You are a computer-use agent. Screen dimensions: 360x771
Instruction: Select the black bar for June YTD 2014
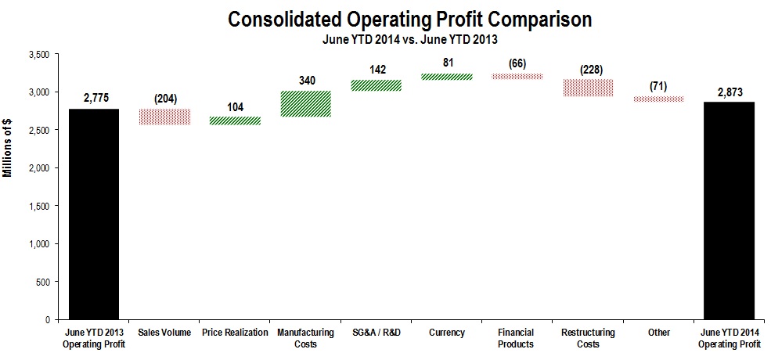tap(729, 211)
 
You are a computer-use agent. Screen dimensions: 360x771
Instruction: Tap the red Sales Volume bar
tap(165, 117)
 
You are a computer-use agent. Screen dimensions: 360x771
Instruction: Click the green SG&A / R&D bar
tap(375, 85)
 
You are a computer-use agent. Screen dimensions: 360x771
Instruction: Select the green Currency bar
tap(445, 77)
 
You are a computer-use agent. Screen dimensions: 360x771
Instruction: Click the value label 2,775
tap(95, 98)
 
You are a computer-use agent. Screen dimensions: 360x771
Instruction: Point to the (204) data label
tap(165, 98)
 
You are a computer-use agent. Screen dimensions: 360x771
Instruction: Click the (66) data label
tap(516, 63)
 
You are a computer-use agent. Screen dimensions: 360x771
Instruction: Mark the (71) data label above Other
tap(658, 86)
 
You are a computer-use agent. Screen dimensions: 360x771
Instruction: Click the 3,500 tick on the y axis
tap(38, 55)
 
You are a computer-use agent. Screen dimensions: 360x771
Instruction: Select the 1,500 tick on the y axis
tap(38, 206)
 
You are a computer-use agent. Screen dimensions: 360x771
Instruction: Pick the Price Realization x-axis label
tap(234, 333)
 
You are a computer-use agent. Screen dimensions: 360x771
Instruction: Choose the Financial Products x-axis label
tap(516, 338)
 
